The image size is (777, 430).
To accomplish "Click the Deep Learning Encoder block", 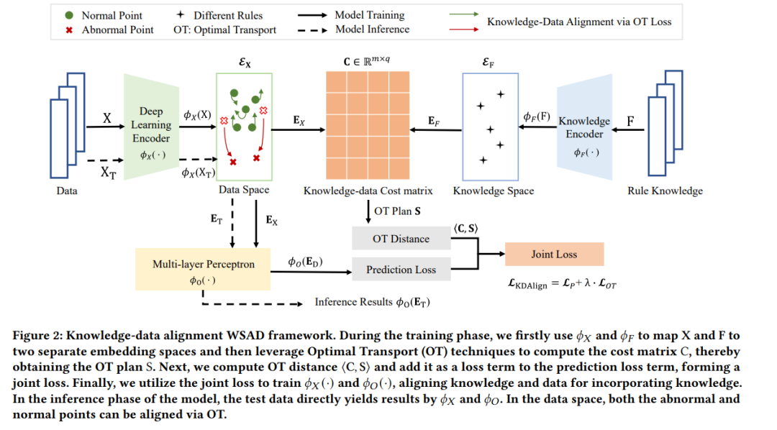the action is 151,127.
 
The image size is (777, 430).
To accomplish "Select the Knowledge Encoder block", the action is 585,127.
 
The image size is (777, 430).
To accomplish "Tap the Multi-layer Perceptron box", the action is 203,269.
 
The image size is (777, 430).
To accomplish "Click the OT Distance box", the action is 401,239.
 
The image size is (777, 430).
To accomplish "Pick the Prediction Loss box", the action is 401,270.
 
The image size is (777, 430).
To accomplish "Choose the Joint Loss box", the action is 555,254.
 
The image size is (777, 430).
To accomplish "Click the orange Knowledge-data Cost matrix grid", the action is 368,125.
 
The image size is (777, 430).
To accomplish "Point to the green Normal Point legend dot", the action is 69,15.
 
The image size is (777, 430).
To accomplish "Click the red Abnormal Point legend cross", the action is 69,30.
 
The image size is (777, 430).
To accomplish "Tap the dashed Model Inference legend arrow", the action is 313,30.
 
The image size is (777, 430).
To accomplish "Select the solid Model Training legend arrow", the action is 313,15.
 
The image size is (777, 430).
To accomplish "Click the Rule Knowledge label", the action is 665,191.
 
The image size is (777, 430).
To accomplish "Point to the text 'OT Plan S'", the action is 397,211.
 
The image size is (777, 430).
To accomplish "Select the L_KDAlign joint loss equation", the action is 562,284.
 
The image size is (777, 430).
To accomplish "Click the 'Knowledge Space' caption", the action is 494,191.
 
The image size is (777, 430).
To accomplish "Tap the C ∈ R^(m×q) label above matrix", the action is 367,61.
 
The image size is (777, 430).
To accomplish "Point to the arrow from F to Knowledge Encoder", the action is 628,130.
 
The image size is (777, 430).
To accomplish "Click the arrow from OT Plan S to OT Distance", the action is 368,212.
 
